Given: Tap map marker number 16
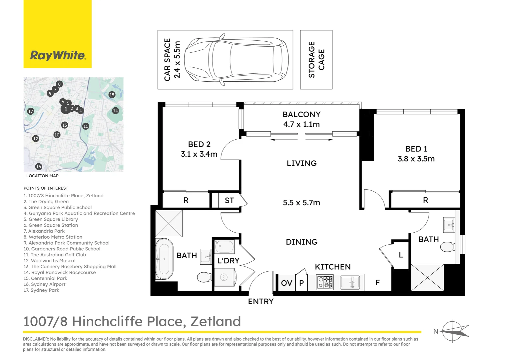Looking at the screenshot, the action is click(x=39, y=166).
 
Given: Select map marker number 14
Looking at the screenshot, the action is click(x=116, y=111).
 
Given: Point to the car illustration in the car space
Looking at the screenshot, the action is click(x=236, y=60).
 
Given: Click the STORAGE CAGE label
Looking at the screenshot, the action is click(x=316, y=60).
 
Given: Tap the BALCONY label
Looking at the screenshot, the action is click(x=301, y=114).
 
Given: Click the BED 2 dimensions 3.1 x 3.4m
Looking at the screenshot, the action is click(x=199, y=154).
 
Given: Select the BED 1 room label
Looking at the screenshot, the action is click(x=416, y=149).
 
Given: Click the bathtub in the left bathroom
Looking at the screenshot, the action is click(x=164, y=259).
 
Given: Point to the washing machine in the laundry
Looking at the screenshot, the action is click(x=225, y=277).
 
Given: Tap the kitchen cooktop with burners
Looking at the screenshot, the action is click(x=325, y=282).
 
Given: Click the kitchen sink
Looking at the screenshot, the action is click(x=350, y=282).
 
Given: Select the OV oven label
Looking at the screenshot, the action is click(x=286, y=283).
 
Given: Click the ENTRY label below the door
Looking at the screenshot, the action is click(x=261, y=302).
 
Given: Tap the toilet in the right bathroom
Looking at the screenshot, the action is click(x=447, y=247).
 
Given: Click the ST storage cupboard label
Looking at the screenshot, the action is click(x=229, y=200).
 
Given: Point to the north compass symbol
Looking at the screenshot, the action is click(x=452, y=331).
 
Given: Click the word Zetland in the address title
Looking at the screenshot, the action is click(x=216, y=321).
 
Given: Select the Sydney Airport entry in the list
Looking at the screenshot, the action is click(x=44, y=284).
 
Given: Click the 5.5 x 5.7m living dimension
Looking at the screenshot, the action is click(x=301, y=203).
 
